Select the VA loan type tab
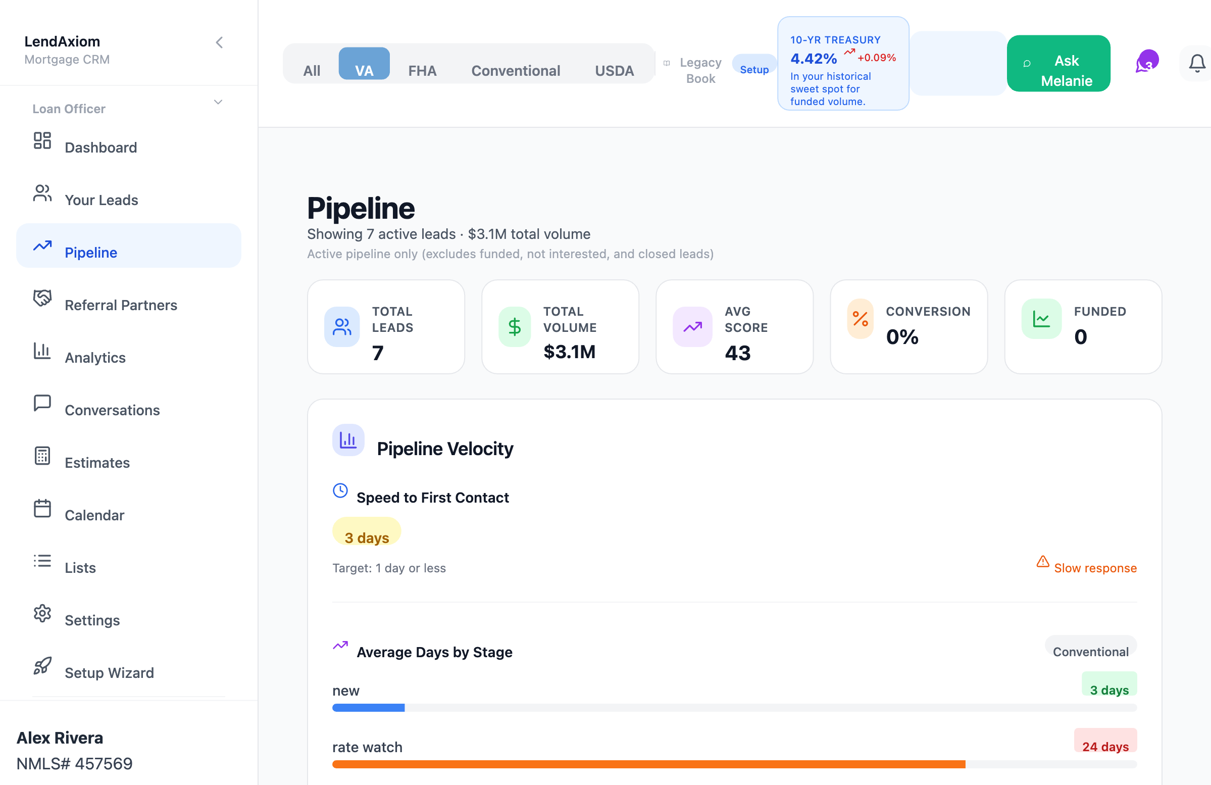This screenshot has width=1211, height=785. [x=364, y=64]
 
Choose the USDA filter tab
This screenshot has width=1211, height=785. [x=614, y=71]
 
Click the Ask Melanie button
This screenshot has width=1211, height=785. [x=1058, y=64]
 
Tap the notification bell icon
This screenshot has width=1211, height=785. [x=1197, y=64]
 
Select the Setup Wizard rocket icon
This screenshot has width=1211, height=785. [x=42, y=665]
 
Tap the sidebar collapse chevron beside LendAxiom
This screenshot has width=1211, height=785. [x=219, y=43]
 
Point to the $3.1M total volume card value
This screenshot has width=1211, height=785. [x=569, y=352]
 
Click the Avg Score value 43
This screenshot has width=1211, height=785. [x=738, y=353]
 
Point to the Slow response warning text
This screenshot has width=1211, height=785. [x=1095, y=568]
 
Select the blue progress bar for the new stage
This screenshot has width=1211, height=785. [x=368, y=708]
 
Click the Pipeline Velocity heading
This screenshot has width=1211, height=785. [x=445, y=449]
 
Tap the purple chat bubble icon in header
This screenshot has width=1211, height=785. [x=1147, y=62]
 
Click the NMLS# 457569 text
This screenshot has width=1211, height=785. [x=74, y=763]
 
